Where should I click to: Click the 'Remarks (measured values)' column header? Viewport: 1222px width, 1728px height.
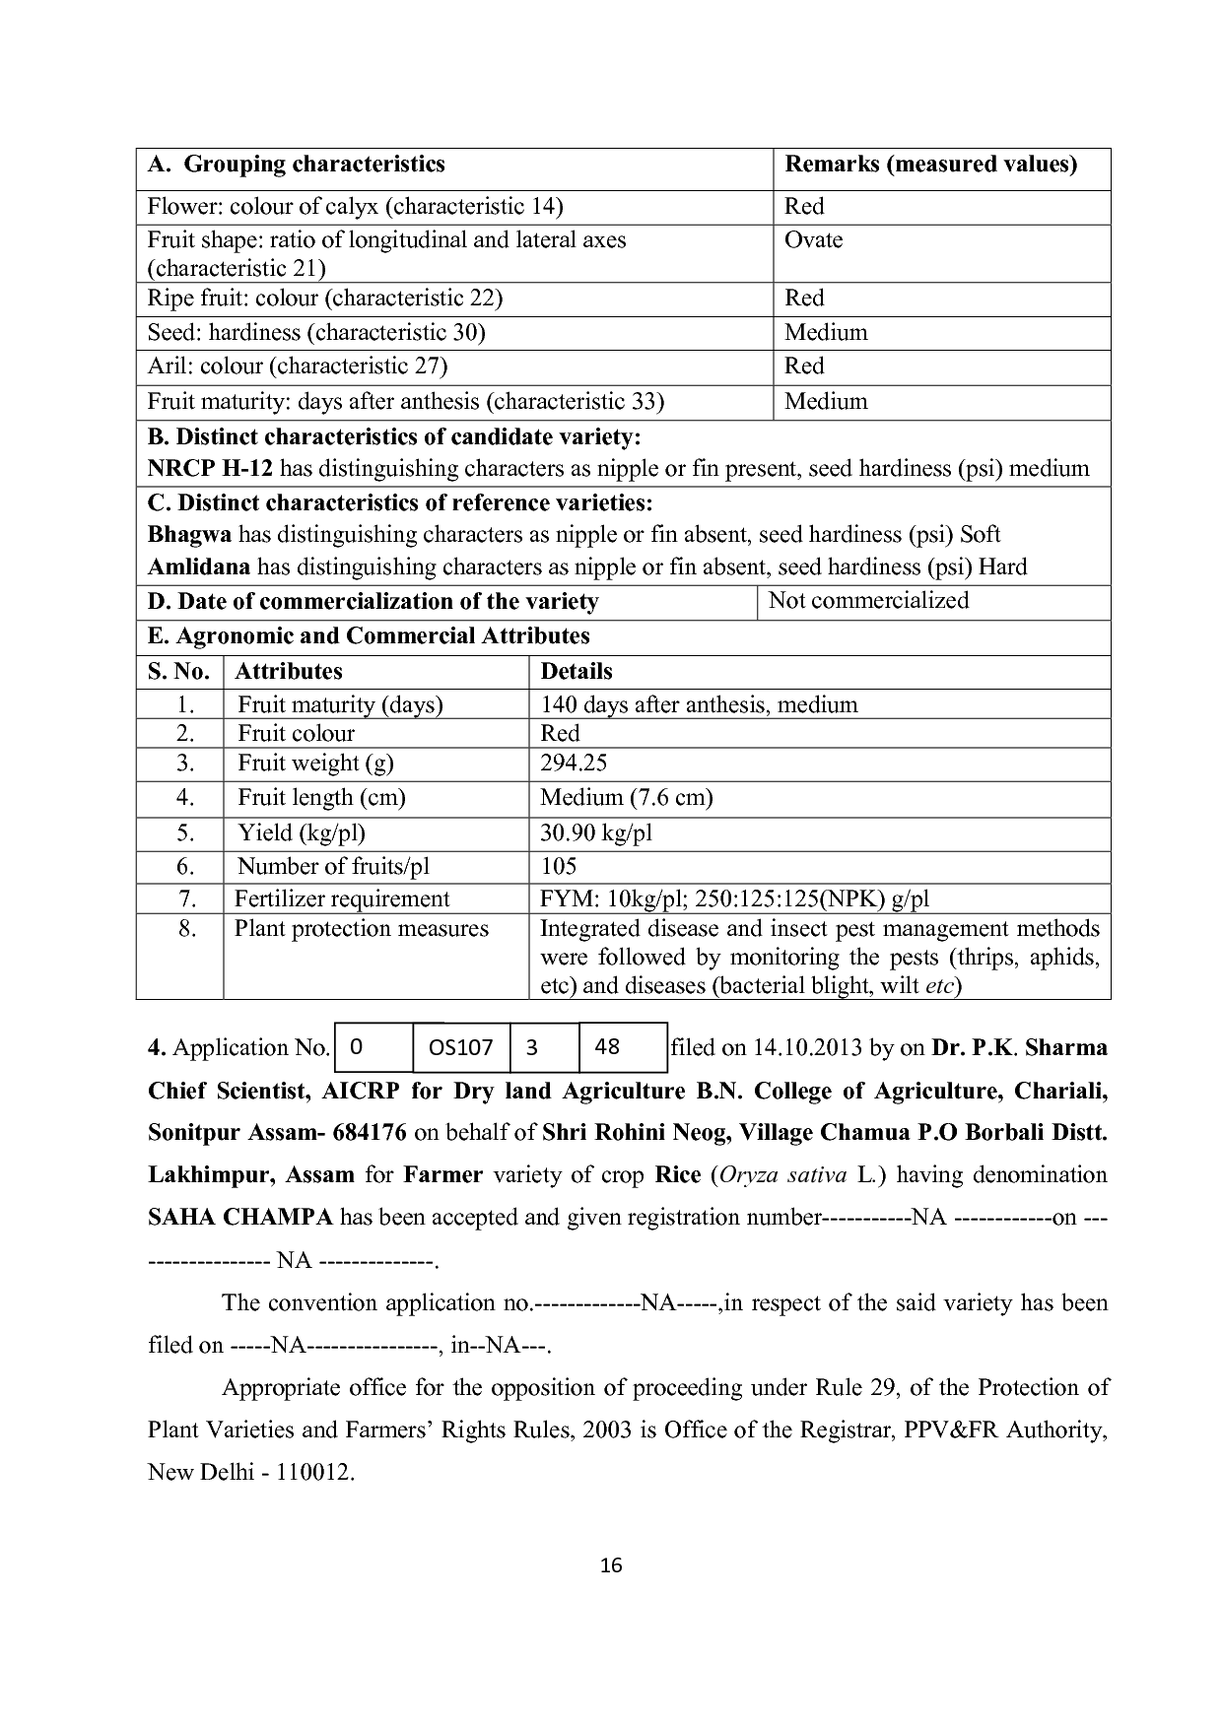930,165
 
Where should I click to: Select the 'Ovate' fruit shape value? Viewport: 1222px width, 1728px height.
813,240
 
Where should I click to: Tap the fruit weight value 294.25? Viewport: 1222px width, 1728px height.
574,764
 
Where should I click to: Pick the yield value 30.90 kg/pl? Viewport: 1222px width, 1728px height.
596,833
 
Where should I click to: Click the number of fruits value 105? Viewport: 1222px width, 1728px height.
559,867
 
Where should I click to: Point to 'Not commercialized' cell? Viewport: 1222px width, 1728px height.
868,601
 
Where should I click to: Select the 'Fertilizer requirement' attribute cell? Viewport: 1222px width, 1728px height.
341,898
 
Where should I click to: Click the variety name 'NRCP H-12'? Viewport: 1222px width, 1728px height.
210,469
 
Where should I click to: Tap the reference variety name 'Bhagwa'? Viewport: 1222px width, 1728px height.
189,535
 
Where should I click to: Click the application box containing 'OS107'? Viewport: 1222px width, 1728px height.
461,1048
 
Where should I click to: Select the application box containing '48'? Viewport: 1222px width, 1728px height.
608,1047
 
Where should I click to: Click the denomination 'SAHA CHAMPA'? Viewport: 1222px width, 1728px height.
240,1218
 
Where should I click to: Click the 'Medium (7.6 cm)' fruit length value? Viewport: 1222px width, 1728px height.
626,798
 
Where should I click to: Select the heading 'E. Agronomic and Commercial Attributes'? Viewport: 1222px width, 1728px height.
369,636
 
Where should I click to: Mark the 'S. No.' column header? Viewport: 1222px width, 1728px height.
178,672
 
